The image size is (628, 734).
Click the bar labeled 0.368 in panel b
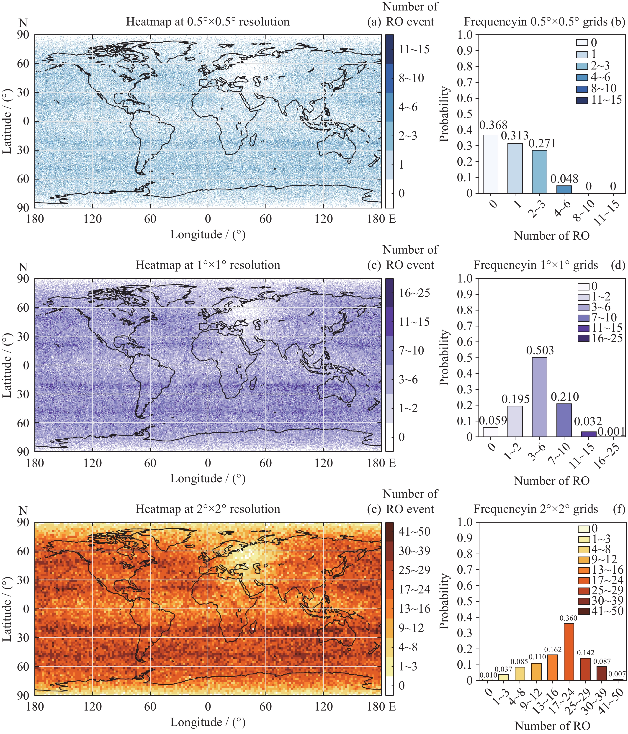(490, 164)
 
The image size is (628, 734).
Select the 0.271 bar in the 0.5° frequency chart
(539, 172)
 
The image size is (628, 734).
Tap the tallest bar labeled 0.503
(539, 397)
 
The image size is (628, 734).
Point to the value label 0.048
(564, 179)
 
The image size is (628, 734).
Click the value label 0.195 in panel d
(515, 399)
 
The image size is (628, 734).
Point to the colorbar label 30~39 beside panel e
(414, 551)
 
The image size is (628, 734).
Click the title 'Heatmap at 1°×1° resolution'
(208, 265)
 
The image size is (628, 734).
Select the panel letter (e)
(374, 509)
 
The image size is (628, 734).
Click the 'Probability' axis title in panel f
(444, 601)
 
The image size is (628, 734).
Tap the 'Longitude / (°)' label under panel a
(208, 234)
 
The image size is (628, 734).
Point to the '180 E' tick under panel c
(381, 463)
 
